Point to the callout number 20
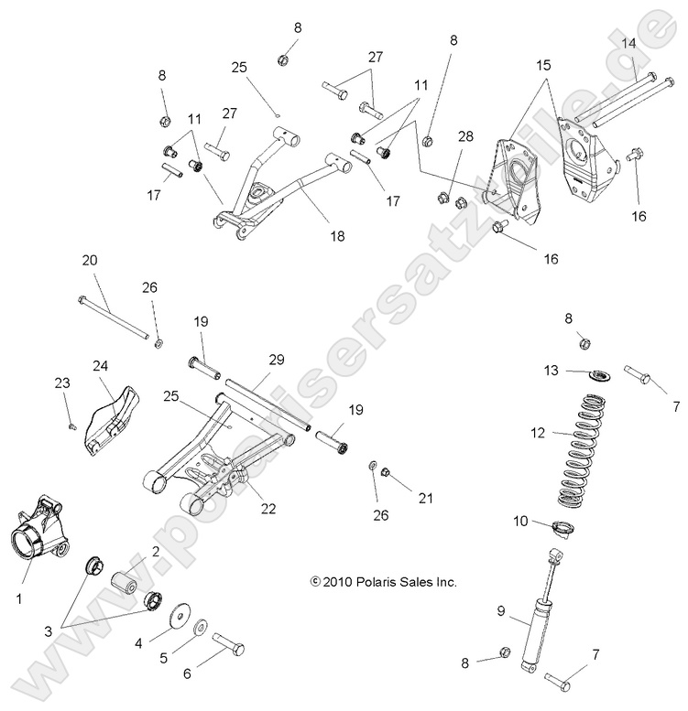pyautogui.click(x=90, y=260)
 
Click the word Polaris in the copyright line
pyautogui.click(x=357, y=582)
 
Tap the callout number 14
pyautogui.click(x=629, y=43)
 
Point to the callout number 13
pyautogui.click(x=551, y=370)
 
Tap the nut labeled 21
pyautogui.click(x=386, y=472)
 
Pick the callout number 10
pyautogui.click(x=520, y=521)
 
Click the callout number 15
pyautogui.click(x=543, y=65)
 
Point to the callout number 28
pyautogui.click(x=465, y=136)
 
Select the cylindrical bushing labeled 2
pyautogui.click(x=124, y=583)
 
